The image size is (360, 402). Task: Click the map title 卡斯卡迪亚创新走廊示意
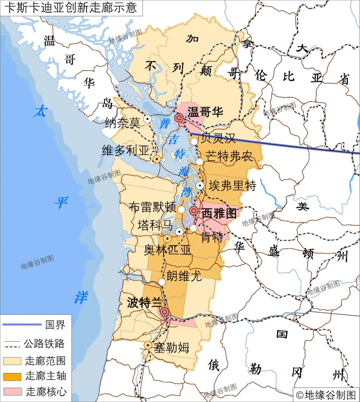pyautogui.click(x=71, y=8)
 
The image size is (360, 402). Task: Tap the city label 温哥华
pyautogui.click(x=205, y=112)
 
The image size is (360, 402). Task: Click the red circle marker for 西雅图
pyautogui.click(x=194, y=211)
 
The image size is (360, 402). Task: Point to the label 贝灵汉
pyautogui.click(x=218, y=138)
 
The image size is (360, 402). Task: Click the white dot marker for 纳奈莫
pyautogui.click(x=147, y=119)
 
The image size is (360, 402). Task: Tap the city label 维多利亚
pyautogui.click(x=126, y=151)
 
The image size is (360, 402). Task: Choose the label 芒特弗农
pyautogui.click(x=229, y=156)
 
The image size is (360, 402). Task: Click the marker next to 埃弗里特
pyautogui.click(x=200, y=186)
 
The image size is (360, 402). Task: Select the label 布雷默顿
pyautogui.click(x=152, y=207)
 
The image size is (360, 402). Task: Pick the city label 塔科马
pyautogui.click(x=155, y=225)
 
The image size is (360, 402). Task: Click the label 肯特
pyautogui.click(x=212, y=237)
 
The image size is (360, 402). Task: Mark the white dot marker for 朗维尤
pyautogui.click(x=162, y=282)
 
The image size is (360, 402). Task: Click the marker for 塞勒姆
pyautogui.click(x=148, y=345)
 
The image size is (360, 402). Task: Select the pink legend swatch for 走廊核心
pyautogui.click(x=12, y=391)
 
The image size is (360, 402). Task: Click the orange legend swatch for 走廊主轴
pyautogui.click(x=12, y=376)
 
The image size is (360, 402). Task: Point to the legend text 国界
pyautogui.click(x=55, y=325)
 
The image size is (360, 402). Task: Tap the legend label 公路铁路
pyautogui.click(x=44, y=344)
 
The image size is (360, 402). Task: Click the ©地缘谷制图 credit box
pyautogui.click(x=326, y=395)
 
